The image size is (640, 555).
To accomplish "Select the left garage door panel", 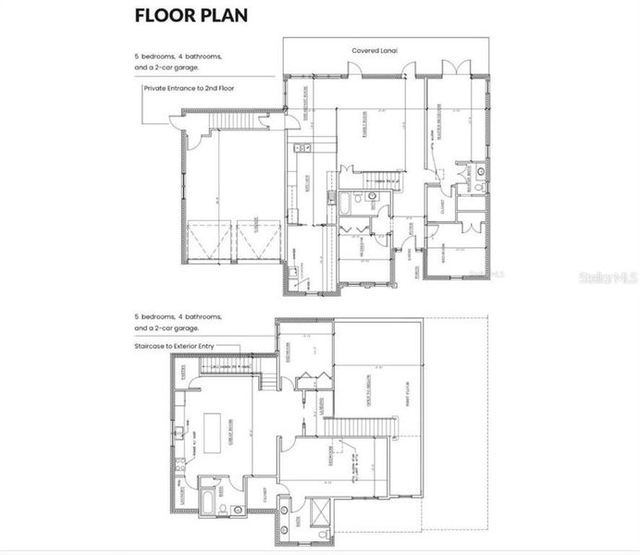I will (x=211, y=242).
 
